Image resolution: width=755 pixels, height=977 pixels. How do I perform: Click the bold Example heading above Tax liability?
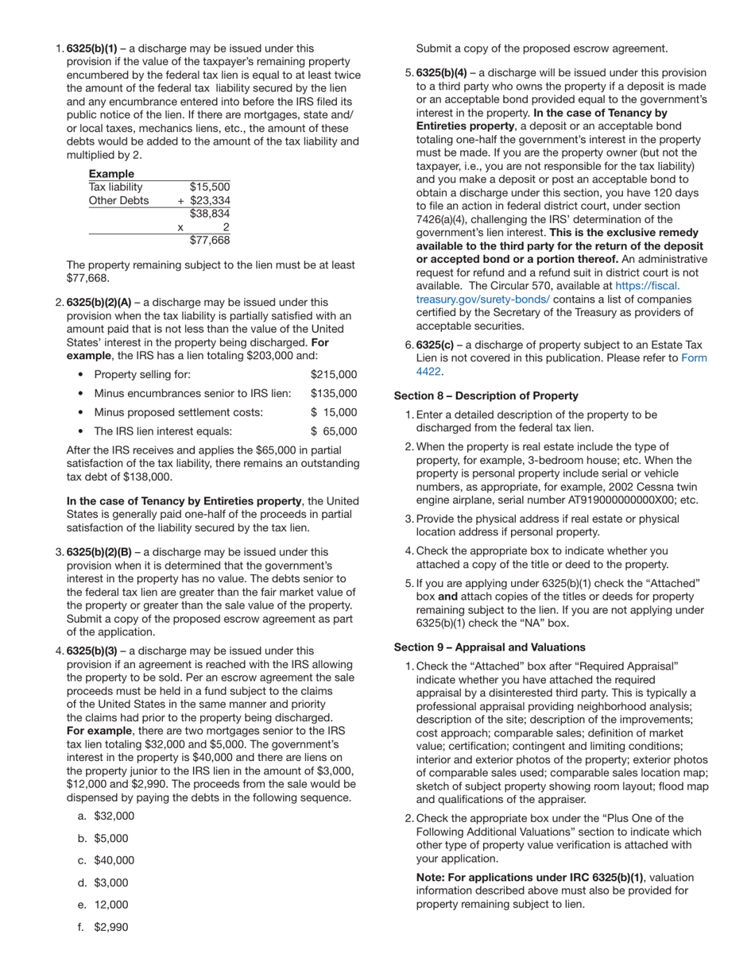point(111,174)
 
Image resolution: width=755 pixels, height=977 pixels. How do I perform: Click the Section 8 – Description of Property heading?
point(486,396)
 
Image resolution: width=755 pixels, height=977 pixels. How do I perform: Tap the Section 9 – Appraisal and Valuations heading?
point(490,647)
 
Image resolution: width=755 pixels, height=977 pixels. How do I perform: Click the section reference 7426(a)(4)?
point(450,219)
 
